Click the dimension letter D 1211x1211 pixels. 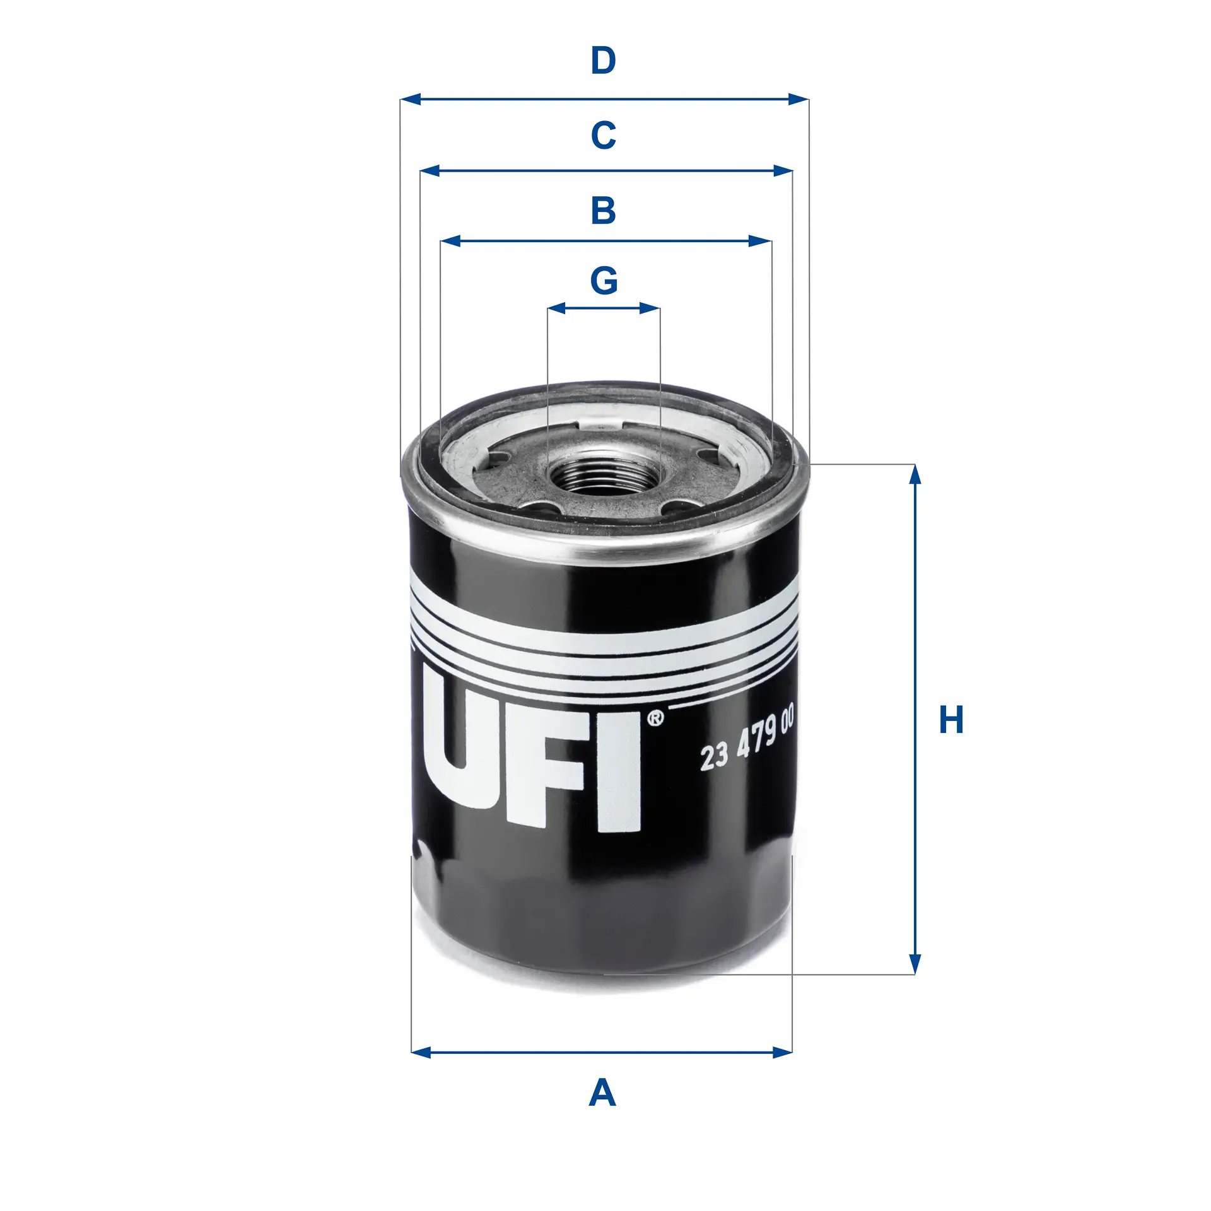pyautogui.click(x=603, y=61)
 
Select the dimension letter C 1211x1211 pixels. pyautogui.click(x=603, y=135)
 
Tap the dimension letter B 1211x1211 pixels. pyautogui.click(x=603, y=210)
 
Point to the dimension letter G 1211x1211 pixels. pyautogui.click(x=604, y=281)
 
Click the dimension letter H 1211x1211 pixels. pyautogui.click(x=951, y=720)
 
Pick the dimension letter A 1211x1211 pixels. pyautogui.click(x=602, y=1093)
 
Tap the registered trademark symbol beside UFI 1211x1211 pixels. pyautogui.click(x=655, y=718)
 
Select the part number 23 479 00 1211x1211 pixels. pyautogui.click(x=747, y=739)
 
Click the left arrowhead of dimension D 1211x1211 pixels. pyautogui.click(x=411, y=99)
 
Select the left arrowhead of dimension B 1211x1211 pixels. pyautogui.click(x=450, y=241)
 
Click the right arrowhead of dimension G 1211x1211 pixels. pyautogui.click(x=650, y=308)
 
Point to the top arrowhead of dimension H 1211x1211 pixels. pyautogui.click(x=915, y=474)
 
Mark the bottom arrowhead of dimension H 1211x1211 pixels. pyautogui.click(x=915, y=964)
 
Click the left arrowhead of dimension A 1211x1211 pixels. pyautogui.click(x=421, y=1052)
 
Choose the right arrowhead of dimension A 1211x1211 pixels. pyautogui.click(x=783, y=1052)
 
